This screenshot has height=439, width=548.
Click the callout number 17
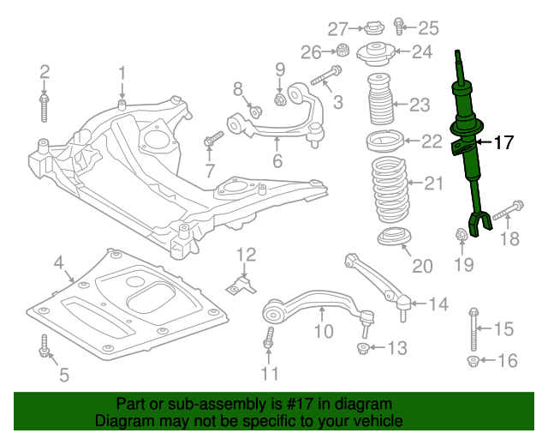coord(503,142)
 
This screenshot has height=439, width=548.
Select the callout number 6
coord(277,161)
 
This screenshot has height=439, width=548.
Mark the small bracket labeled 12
coord(243,283)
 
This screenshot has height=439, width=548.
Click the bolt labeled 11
coord(269,340)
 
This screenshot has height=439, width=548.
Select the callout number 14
coord(438,304)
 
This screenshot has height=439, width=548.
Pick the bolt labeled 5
coord(44,347)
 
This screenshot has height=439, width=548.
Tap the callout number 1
coord(122,72)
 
